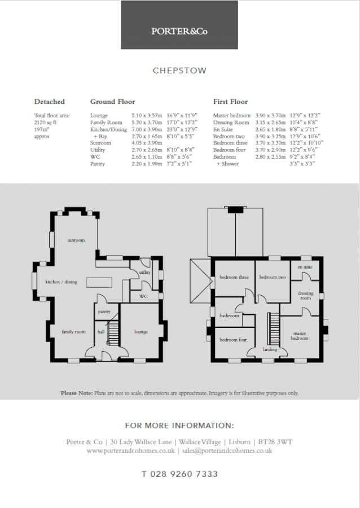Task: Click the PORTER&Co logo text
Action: (179, 32)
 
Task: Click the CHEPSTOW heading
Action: (179, 71)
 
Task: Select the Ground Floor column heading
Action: (112, 102)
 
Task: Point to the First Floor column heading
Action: (230, 102)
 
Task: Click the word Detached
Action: (49, 102)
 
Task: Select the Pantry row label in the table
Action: (98, 164)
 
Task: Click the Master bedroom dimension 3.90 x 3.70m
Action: (270, 115)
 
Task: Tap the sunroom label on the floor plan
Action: (76, 240)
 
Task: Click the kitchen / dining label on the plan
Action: (61, 282)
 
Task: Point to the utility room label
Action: (145, 272)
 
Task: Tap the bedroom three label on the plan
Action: (234, 277)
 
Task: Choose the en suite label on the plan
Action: (305, 266)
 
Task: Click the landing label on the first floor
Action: (270, 349)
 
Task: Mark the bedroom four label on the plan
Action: (232, 340)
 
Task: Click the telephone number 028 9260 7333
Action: (179, 474)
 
